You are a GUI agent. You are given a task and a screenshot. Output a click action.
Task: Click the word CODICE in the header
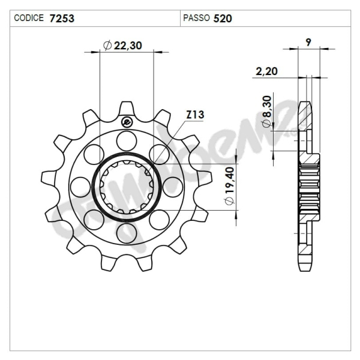click(x=28, y=18)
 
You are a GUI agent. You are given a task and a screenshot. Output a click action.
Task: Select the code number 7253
click(x=62, y=18)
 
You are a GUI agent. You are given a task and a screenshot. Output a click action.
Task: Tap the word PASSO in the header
click(x=196, y=18)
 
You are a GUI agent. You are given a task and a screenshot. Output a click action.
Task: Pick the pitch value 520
click(x=223, y=18)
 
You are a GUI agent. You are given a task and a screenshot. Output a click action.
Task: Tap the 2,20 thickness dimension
click(x=266, y=71)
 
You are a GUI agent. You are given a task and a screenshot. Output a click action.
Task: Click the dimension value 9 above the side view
click(x=308, y=42)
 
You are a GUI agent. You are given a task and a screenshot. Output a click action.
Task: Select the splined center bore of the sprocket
click(x=127, y=186)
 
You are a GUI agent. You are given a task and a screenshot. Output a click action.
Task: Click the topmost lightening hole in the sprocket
click(x=126, y=142)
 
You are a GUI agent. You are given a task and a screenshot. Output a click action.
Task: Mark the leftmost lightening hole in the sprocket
click(x=80, y=187)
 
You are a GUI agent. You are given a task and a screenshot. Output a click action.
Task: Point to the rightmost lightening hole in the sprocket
click(x=172, y=187)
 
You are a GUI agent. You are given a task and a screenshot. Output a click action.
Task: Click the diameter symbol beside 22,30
click(x=107, y=46)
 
